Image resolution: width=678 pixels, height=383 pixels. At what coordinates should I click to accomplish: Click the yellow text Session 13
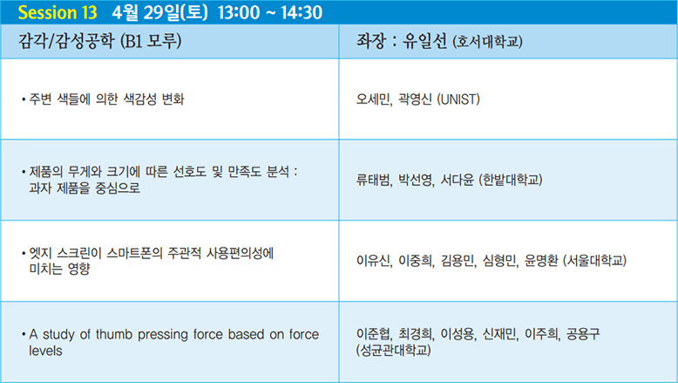click(58, 12)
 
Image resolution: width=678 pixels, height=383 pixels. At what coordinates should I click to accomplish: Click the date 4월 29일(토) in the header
click(159, 12)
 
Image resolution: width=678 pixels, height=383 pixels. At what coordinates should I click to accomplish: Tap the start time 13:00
click(239, 12)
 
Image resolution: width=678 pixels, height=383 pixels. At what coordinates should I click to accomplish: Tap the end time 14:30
click(302, 12)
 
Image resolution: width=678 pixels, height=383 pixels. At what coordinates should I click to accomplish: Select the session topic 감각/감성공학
click(66, 41)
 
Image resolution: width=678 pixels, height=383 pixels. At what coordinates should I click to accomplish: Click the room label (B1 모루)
click(151, 41)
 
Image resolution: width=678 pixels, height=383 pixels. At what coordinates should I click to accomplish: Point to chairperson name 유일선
click(424, 41)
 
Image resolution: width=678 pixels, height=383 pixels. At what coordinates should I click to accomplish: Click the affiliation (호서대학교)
click(488, 42)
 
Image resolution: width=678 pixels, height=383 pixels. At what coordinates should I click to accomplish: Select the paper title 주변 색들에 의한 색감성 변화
click(106, 99)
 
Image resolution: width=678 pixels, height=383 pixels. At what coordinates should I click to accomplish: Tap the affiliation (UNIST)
click(458, 99)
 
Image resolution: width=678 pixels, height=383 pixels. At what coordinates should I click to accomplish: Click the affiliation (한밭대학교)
click(510, 180)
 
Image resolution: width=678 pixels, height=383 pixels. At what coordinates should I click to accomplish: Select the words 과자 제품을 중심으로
click(85, 188)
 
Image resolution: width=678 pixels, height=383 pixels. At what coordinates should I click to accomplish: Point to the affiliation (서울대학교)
click(594, 261)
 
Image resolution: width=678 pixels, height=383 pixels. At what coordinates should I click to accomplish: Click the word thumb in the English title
click(113, 334)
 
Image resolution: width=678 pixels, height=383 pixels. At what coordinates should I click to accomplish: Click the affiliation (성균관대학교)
click(394, 350)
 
